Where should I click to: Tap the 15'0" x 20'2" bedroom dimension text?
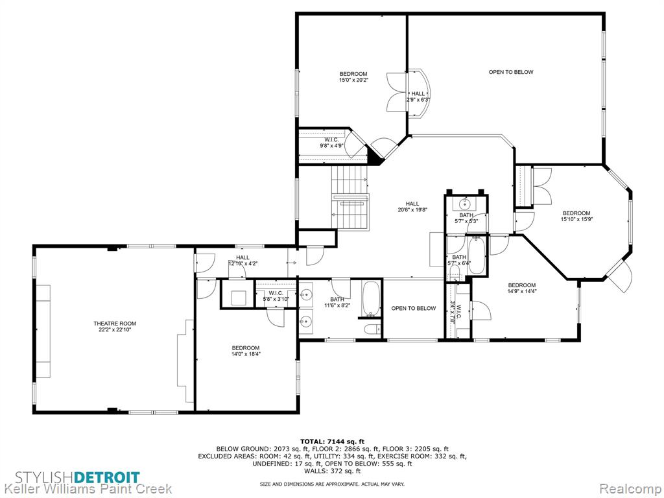[x=353, y=80]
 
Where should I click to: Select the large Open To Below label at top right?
[x=511, y=72]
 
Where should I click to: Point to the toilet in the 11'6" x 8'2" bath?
[x=372, y=329]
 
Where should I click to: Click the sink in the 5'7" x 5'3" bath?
[x=466, y=204]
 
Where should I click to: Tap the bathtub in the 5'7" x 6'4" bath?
[x=477, y=255]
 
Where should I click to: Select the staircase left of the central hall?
[x=350, y=196]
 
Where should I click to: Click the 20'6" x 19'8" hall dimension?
[x=412, y=209]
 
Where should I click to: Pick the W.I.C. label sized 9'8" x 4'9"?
[x=331, y=143]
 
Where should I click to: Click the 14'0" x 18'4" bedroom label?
[x=246, y=351]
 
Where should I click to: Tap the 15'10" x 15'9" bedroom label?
[x=576, y=216]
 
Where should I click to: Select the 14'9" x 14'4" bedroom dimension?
[x=522, y=291]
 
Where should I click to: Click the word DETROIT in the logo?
[x=107, y=477]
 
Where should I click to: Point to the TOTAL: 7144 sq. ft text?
[x=332, y=441]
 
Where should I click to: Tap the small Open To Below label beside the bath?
[x=413, y=308]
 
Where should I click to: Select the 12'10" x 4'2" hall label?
[x=243, y=260]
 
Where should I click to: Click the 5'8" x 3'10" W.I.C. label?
[x=276, y=296]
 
